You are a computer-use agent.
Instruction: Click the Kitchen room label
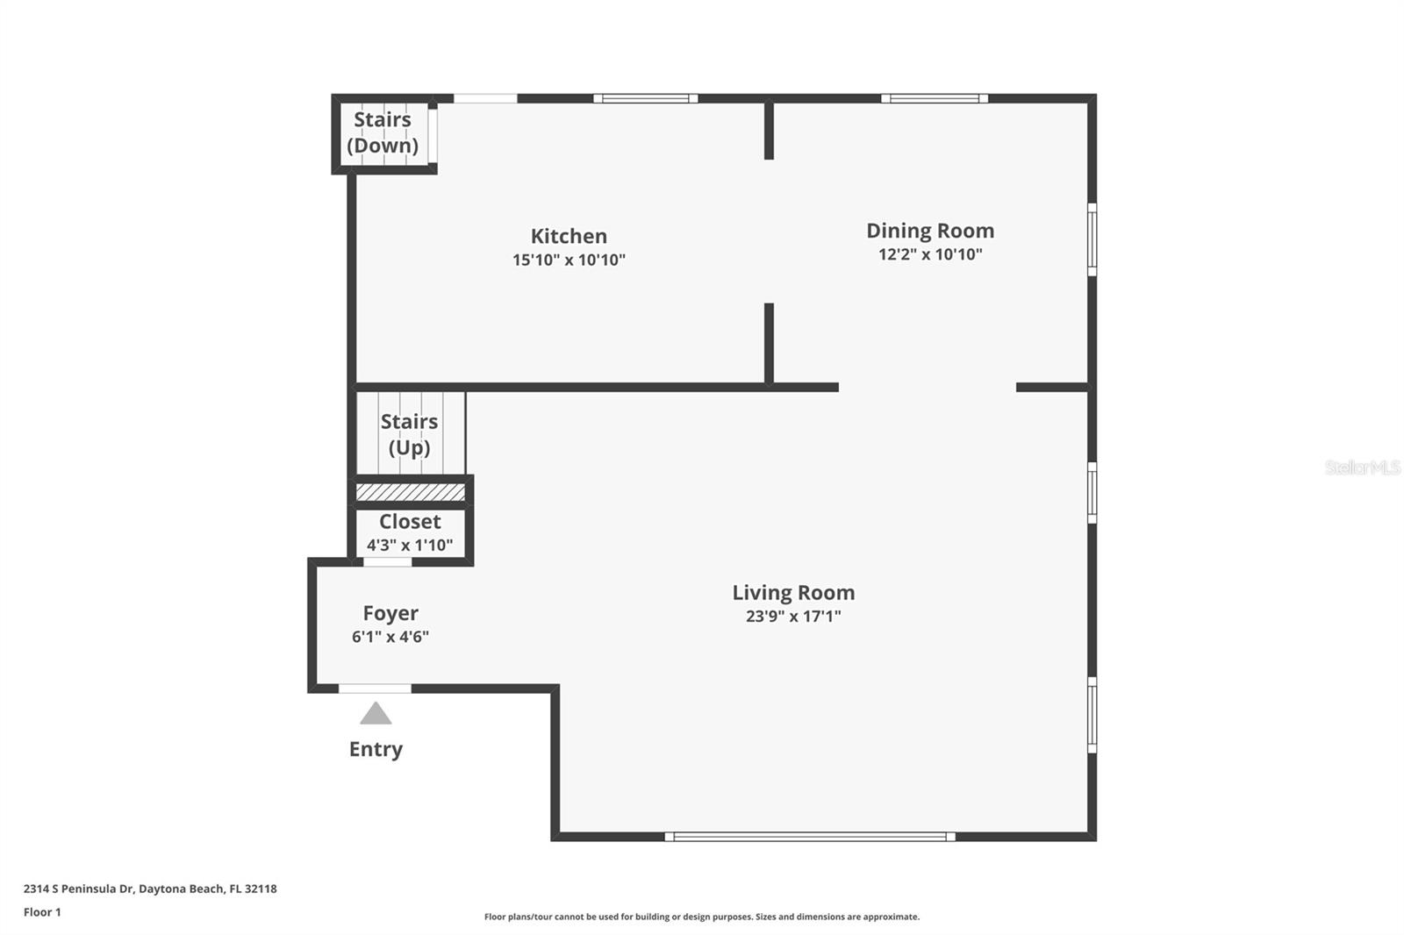(x=569, y=236)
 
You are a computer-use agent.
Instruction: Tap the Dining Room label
(x=930, y=231)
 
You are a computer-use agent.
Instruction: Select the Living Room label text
(x=793, y=592)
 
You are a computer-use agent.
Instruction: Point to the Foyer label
(x=390, y=613)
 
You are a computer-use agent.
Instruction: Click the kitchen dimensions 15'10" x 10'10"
(x=569, y=260)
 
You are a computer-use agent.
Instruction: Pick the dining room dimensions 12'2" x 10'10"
(x=930, y=253)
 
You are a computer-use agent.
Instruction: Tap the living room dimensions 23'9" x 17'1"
(x=793, y=616)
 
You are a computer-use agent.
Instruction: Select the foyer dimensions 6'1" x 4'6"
(x=390, y=637)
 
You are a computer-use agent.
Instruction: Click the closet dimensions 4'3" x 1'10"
(x=410, y=545)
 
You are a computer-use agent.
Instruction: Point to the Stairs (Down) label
(x=383, y=132)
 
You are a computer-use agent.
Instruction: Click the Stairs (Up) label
(x=409, y=434)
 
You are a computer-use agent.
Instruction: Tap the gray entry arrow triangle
(x=376, y=714)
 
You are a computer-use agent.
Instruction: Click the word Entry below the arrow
(x=376, y=749)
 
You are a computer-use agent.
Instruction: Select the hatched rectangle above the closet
(x=411, y=492)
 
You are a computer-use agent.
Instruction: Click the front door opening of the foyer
(x=375, y=689)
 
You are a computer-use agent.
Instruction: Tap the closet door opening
(x=387, y=562)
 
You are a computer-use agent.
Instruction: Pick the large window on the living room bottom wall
(x=810, y=837)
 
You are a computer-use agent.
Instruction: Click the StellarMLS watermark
(x=1362, y=467)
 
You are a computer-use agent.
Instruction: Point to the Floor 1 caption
(x=43, y=912)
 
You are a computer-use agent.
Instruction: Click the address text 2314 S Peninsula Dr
(x=79, y=889)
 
